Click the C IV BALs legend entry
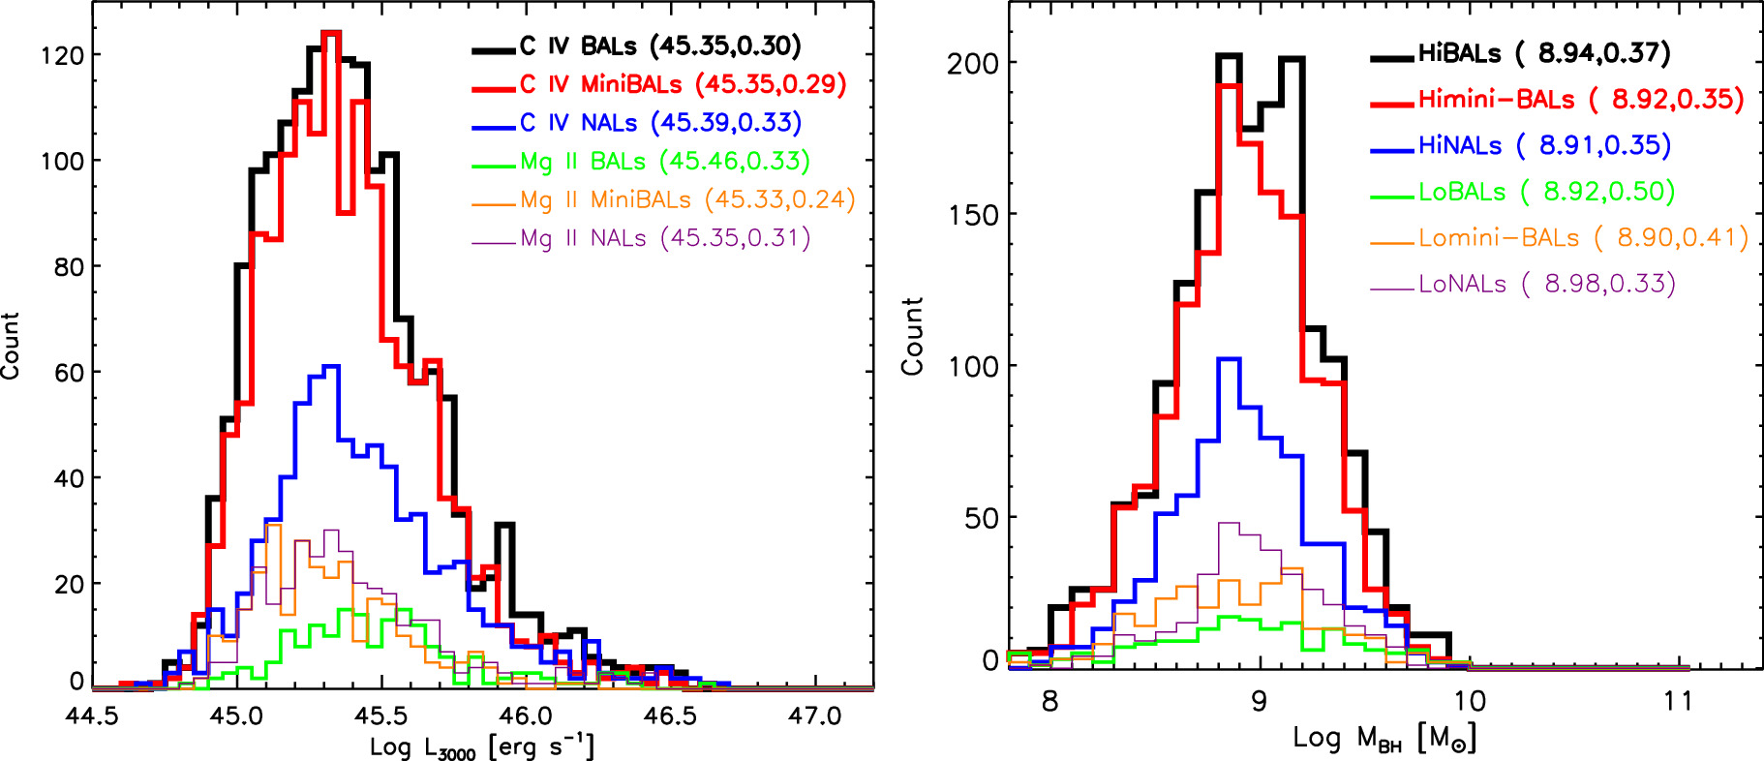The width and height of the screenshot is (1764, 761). (659, 46)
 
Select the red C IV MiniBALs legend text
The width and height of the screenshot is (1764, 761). (683, 84)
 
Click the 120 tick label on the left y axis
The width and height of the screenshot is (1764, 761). (62, 55)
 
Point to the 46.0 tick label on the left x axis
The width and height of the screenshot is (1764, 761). (526, 715)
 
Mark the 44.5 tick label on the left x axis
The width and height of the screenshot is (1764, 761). (92, 715)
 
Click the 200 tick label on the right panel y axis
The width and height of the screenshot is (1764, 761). (972, 63)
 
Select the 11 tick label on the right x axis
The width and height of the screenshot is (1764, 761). (1678, 701)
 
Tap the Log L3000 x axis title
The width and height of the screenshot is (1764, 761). (481, 746)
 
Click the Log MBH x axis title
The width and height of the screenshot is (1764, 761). (1384, 739)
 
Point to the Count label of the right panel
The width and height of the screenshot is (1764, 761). (912, 336)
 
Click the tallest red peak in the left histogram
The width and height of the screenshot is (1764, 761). (331, 34)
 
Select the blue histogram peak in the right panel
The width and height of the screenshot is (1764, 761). (1229, 359)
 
